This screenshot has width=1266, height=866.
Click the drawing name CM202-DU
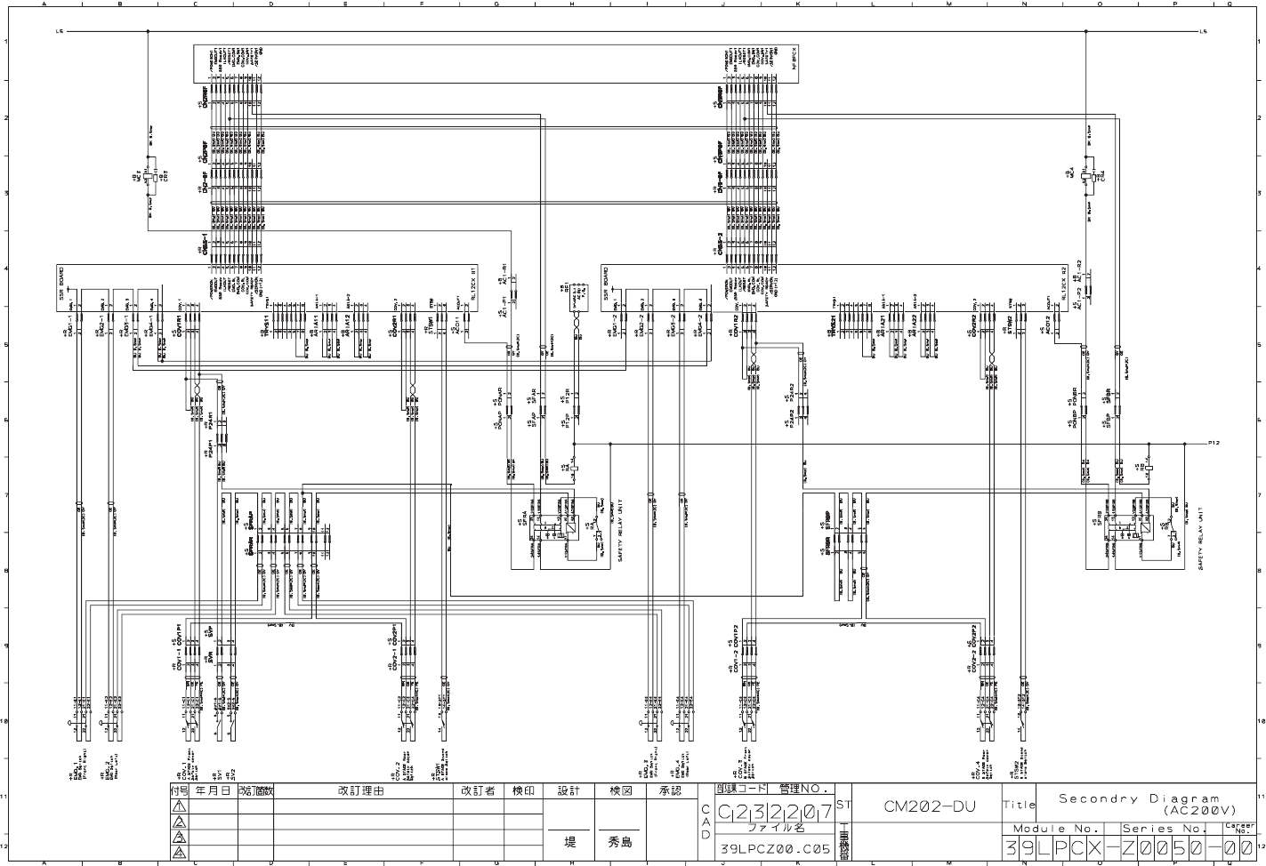[x=924, y=807]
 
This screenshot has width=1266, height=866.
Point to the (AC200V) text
[x=1190, y=811]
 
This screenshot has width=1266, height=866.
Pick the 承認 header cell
[x=670, y=790]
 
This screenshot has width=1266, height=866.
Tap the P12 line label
[x=1215, y=442]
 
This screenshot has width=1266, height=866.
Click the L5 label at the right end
[x=1204, y=32]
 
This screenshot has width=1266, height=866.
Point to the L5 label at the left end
[x=60, y=32]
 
